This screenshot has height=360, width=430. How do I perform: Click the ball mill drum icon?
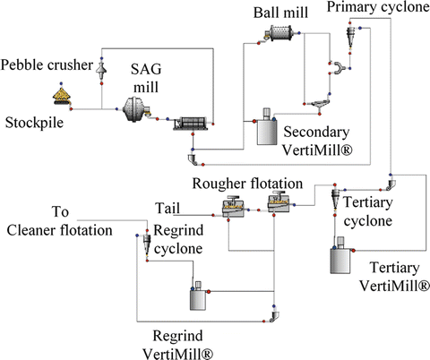[x=281, y=34]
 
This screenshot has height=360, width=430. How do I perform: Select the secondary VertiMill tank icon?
[x=266, y=129]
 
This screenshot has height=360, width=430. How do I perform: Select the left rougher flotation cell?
[x=235, y=209]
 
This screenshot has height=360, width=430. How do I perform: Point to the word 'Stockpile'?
[x=34, y=121]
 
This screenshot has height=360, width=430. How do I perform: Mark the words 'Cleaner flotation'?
[x=59, y=230]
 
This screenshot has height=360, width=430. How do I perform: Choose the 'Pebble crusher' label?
[x=44, y=65]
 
